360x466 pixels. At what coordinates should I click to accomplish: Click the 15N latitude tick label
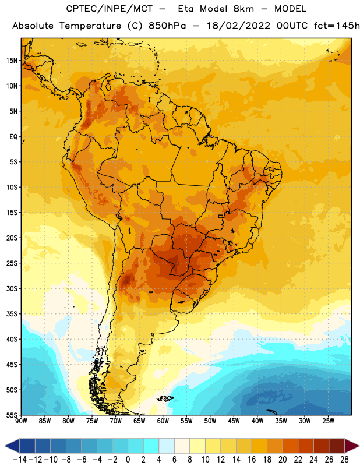(x=12, y=61)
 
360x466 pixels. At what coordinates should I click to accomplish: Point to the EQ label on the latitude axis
(x=13, y=137)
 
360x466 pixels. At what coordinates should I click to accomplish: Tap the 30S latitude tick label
(x=12, y=288)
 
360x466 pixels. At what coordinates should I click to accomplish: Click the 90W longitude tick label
(x=21, y=421)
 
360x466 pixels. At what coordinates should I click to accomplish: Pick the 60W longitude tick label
(x=163, y=421)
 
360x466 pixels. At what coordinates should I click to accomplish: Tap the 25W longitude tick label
(x=328, y=421)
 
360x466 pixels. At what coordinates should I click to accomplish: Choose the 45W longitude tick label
(x=234, y=421)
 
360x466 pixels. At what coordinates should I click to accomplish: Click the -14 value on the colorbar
(x=20, y=460)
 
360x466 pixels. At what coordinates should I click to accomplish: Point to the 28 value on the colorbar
(x=344, y=460)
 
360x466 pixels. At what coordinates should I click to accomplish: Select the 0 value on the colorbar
(x=128, y=460)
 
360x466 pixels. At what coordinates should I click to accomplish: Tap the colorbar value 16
(x=252, y=460)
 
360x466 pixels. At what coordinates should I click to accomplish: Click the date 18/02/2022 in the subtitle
(x=238, y=26)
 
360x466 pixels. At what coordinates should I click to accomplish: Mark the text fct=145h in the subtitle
(x=337, y=26)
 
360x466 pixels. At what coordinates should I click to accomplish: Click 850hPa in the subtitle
(x=167, y=26)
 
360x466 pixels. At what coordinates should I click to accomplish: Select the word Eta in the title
(x=186, y=9)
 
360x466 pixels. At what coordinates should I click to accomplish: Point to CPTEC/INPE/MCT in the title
(x=109, y=9)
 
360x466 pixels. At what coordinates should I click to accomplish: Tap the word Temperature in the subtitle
(x=90, y=26)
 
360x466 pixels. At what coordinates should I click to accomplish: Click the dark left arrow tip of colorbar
(x=5, y=446)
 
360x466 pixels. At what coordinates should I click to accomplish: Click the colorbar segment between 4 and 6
(x=167, y=446)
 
